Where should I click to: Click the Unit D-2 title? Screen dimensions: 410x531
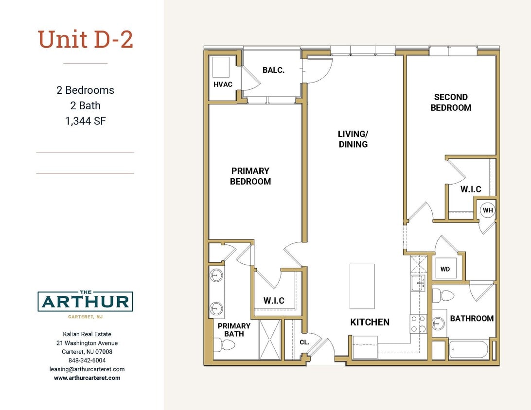(86, 39)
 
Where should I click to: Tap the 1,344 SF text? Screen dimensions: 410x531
(86, 121)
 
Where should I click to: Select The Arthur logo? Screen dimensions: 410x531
(86, 303)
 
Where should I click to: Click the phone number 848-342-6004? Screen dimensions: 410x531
(87, 360)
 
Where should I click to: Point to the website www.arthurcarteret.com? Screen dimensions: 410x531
(87, 377)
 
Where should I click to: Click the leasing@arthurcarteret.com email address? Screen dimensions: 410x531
(87, 369)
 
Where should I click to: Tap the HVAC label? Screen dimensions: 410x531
(223, 85)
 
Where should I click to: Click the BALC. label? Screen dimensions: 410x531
(273, 70)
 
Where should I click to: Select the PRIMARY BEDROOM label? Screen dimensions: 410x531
(250, 176)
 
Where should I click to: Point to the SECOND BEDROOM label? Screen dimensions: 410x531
(451, 102)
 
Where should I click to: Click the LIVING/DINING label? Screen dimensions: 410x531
(353, 139)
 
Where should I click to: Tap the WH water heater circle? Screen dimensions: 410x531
(488, 210)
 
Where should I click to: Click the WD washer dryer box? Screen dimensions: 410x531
(445, 269)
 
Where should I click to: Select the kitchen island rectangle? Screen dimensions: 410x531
(362, 286)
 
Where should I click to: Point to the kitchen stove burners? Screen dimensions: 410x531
(418, 323)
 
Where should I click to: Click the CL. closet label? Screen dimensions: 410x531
(304, 342)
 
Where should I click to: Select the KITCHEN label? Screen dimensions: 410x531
(370, 322)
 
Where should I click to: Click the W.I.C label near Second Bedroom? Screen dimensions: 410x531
(471, 189)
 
